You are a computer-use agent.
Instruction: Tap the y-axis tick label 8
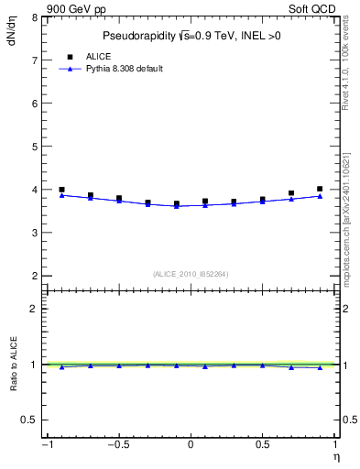[33, 17]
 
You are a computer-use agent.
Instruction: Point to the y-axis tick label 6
[33, 104]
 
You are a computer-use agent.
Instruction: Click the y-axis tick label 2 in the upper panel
[33, 276]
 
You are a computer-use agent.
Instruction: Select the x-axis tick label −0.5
[116, 445]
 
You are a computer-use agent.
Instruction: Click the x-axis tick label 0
[191, 445]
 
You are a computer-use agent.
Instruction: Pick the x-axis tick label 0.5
[263, 445]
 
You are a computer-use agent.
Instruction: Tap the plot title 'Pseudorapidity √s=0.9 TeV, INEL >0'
[190, 37]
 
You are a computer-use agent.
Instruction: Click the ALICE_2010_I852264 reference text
[190, 274]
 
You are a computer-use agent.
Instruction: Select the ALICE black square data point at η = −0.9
[61, 190]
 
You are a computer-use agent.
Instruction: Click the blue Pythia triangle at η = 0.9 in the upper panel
[320, 196]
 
